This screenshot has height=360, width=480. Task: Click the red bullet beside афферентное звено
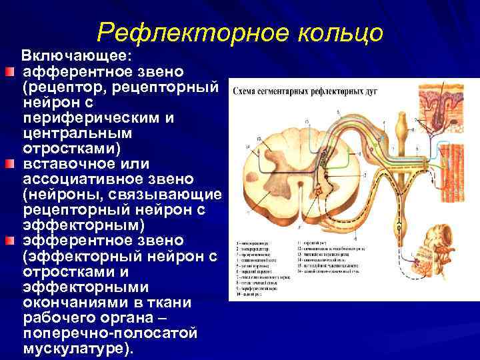pos(7,71)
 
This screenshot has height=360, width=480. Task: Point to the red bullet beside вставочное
pos(7,164)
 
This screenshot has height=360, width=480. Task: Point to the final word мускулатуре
pos(77,348)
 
